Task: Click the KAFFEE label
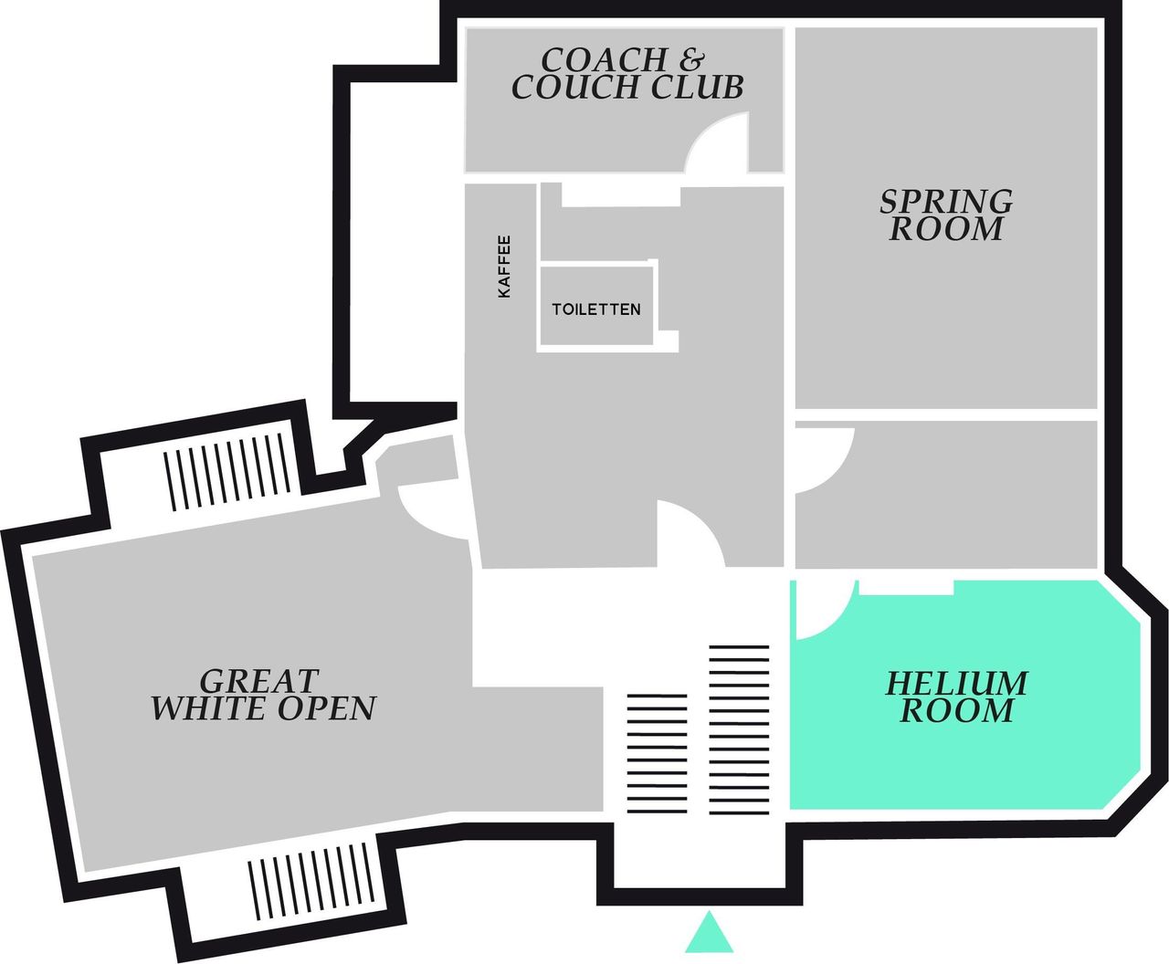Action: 504,266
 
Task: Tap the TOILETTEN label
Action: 596,309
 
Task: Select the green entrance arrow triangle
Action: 710,931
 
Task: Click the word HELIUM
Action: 956,684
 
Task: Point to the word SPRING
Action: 946,202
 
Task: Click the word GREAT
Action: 259,681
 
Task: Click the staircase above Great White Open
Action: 227,472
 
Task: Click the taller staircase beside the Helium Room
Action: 739,730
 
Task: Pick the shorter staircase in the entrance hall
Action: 657,753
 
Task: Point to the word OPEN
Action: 327,708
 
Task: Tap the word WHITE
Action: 210,708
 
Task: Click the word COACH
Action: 604,59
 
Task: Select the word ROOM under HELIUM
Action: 957,710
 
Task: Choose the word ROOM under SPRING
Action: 946,228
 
